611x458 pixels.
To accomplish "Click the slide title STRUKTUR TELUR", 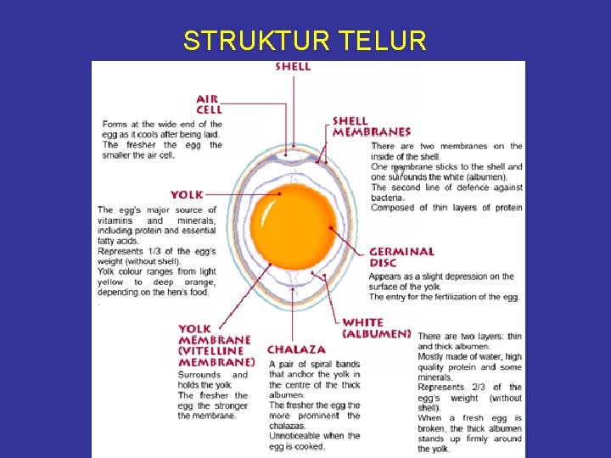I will click(305, 41).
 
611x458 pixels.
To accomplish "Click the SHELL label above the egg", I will click(293, 67).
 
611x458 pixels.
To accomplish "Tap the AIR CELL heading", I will click(208, 103).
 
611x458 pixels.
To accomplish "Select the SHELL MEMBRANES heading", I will click(372, 126).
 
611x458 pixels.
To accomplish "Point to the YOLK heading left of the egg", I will click(187, 194).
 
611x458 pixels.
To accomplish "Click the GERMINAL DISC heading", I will click(401, 257).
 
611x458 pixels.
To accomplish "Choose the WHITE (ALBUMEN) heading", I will click(377, 328).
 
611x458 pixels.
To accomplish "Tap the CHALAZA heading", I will click(296, 349).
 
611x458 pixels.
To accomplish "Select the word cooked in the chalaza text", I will click(307, 446).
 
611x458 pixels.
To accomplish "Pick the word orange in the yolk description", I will click(199, 282).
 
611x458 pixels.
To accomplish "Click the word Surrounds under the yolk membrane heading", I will click(199, 375).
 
